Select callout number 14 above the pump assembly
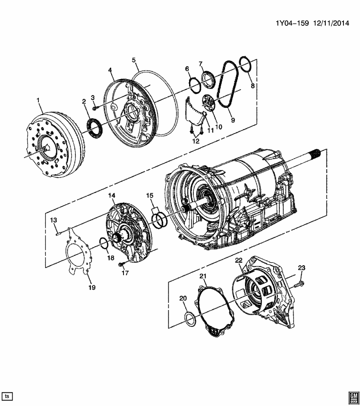pyautogui.click(x=112, y=195)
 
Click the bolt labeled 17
pyautogui.click(x=121, y=264)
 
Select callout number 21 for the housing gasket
pyautogui.click(x=203, y=277)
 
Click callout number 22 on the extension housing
pyautogui.click(x=239, y=260)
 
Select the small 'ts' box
pyautogui.click(x=8, y=396)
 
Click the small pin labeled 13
pyautogui.click(x=58, y=230)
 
